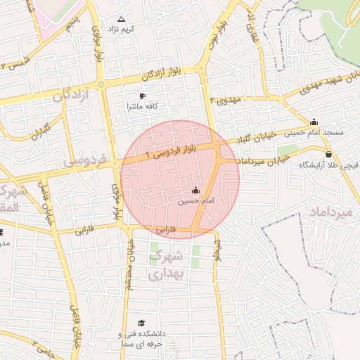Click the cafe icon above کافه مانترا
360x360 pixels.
pos(143,96)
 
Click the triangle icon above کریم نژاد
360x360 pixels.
pos(121,19)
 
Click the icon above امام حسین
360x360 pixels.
pos(195,190)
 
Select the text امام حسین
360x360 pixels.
pos(195,201)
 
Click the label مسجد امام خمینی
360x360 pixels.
pos(314,132)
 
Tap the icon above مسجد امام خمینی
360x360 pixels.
pos(314,122)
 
